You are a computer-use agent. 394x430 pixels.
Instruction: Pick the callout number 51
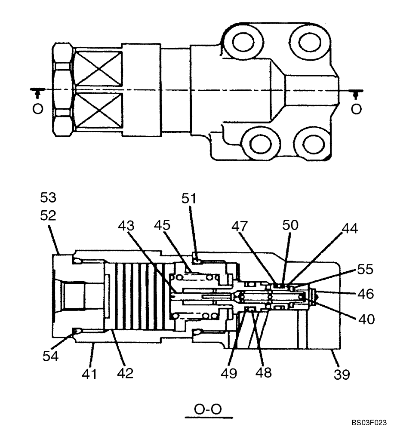188,199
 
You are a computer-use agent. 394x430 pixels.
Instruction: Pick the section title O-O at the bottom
208,409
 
